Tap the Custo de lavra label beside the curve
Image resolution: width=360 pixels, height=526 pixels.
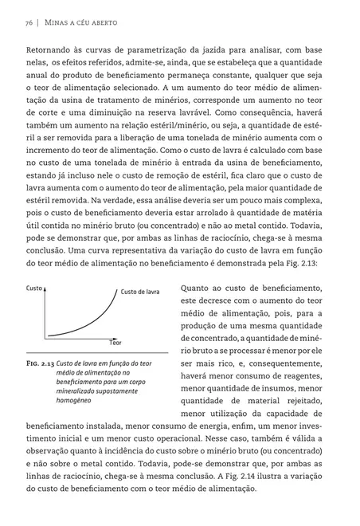click(x=140, y=292)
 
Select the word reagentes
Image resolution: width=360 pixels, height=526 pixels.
click(x=299, y=375)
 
